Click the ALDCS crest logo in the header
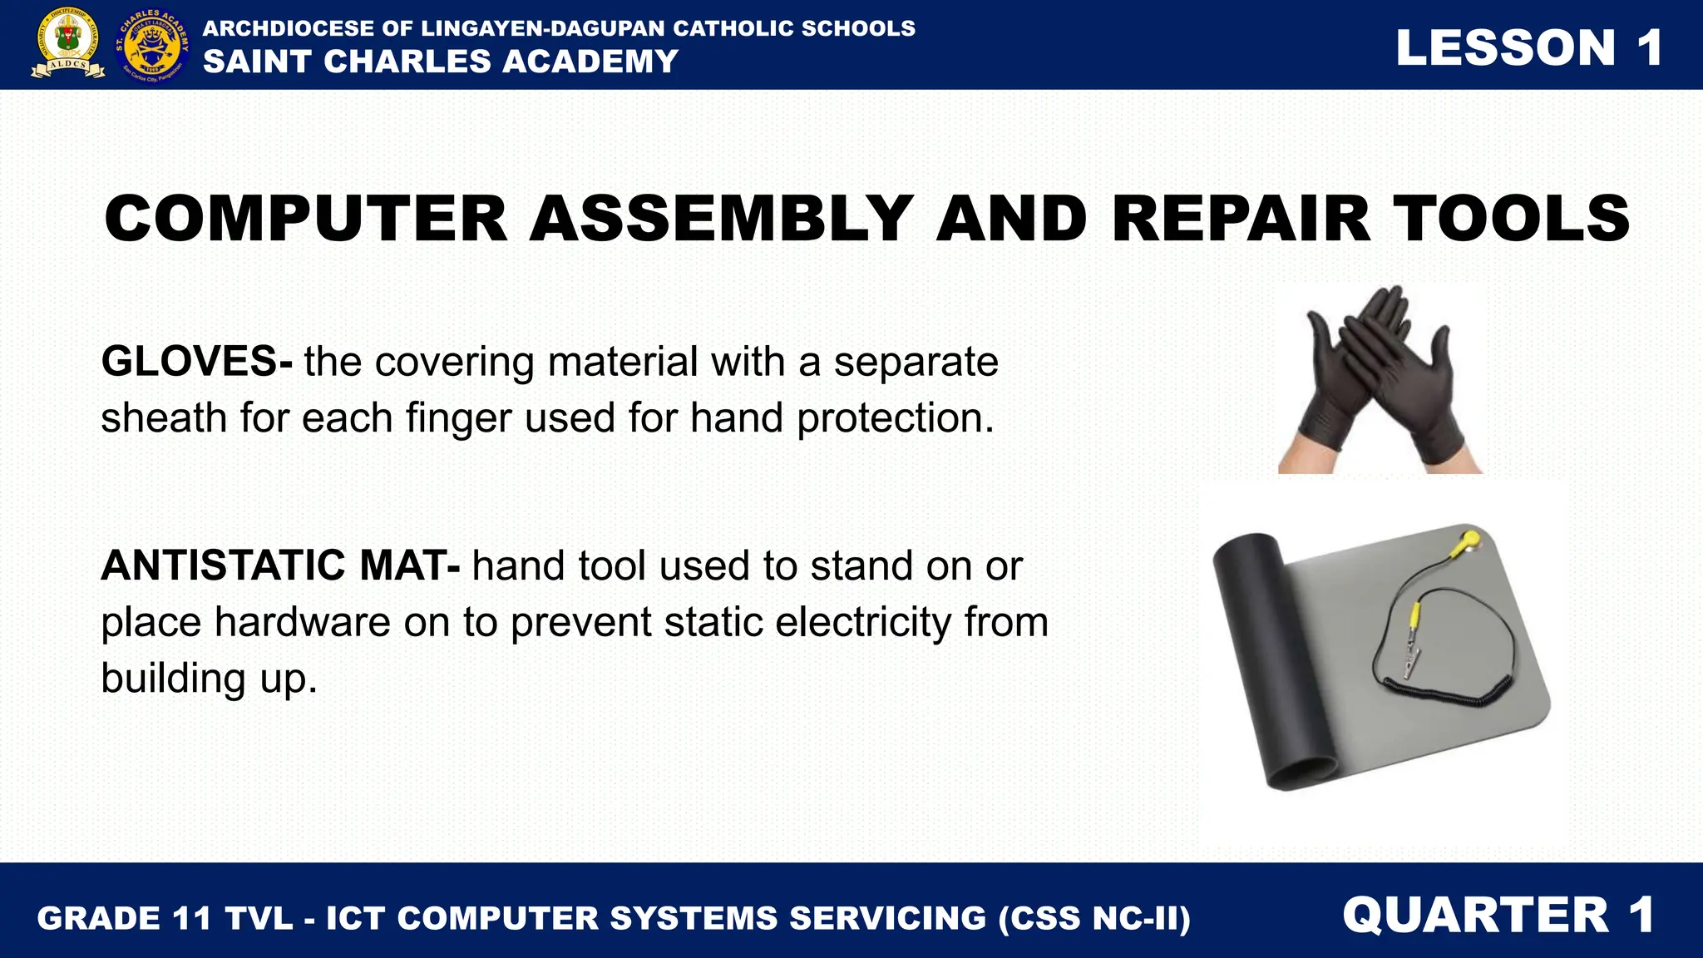(68, 45)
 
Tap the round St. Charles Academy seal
(152, 45)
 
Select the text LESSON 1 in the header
(1528, 47)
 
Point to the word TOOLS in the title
(1511, 219)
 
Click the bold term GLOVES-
(196, 362)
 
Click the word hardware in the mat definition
(302, 622)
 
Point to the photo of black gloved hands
(1380, 379)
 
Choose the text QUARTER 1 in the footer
(1498, 915)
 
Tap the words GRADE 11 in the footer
(123, 918)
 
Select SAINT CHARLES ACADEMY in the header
(441, 62)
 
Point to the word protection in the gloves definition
(896, 417)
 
